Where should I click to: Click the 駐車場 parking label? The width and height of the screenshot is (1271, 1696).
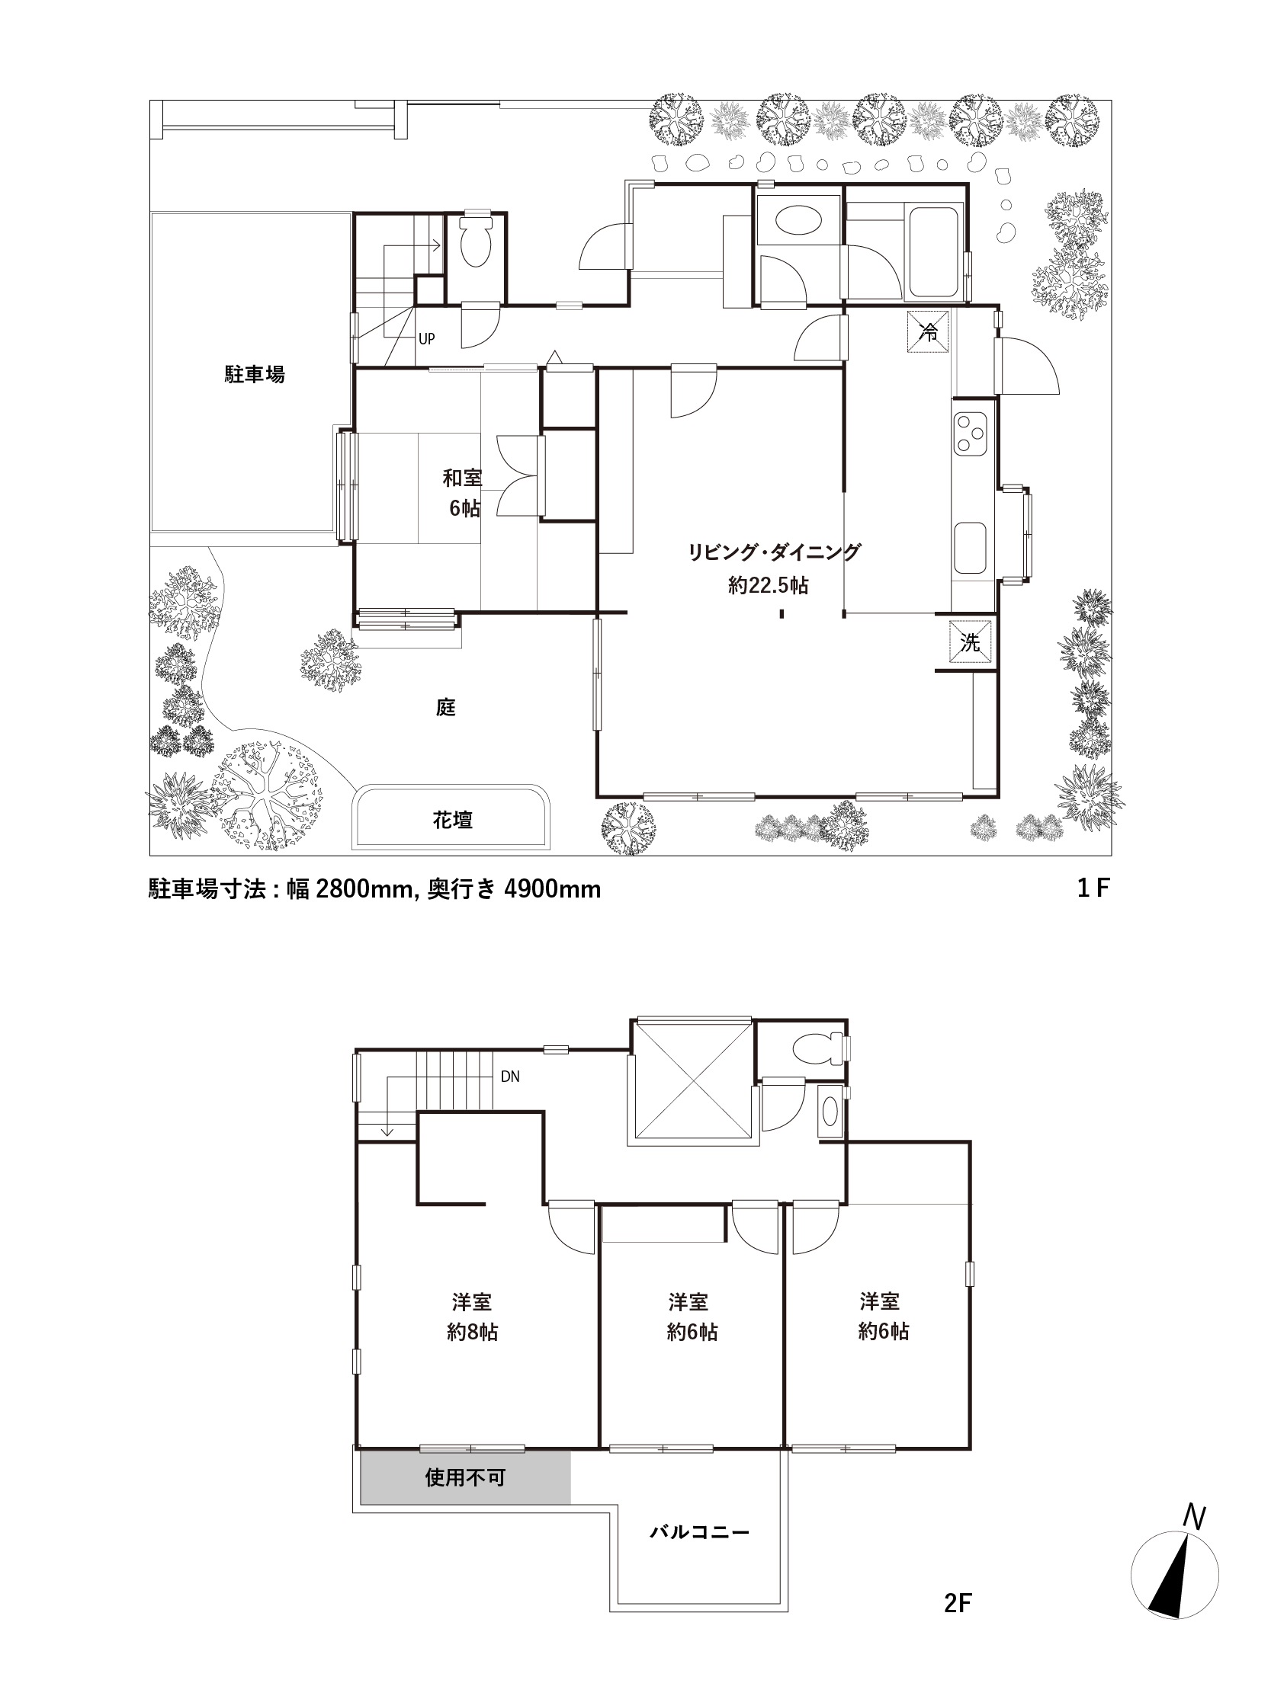click(x=255, y=374)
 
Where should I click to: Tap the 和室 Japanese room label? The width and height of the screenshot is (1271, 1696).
click(x=463, y=478)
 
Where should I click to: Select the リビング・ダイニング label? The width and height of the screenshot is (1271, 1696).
click(x=773, y=552)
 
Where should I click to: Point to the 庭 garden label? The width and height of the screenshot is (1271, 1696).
click(x=446, y=707)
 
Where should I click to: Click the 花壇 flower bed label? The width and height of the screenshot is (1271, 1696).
click(x=453, y=821)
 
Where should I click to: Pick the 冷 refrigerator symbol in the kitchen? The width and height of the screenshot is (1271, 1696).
click(x=928, y=332)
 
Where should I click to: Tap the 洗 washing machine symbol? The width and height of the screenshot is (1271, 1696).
click(x=970, y=640)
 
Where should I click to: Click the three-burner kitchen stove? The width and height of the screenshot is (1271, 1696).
click(x=971, y=434)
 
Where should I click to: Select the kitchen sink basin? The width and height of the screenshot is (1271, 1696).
click(x=971, y=549)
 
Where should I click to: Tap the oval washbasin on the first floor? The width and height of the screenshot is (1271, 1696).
click(x=798, y=220)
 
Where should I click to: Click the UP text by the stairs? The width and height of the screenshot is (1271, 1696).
click(x=426, y=338)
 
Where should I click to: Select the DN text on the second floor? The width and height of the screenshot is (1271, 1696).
click(x=510, y=1077)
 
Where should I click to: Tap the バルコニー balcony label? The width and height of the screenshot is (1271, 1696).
click(x=700, y=1533)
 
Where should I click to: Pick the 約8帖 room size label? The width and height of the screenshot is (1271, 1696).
click(x=473, y=1332)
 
